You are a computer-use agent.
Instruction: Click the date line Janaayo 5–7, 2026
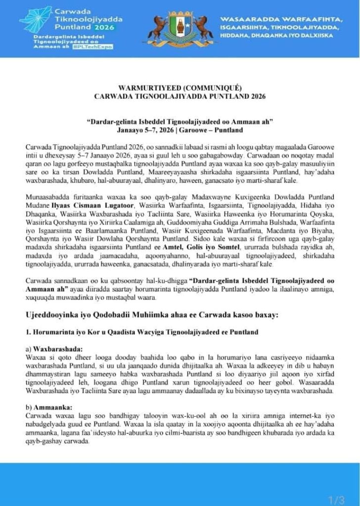(180, 129)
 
